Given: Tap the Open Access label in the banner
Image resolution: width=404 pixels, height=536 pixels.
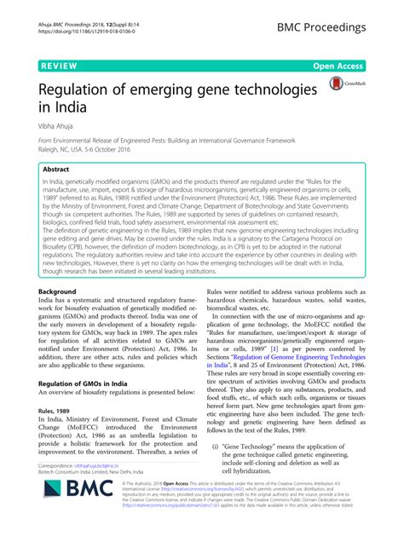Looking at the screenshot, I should pos(362,63).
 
